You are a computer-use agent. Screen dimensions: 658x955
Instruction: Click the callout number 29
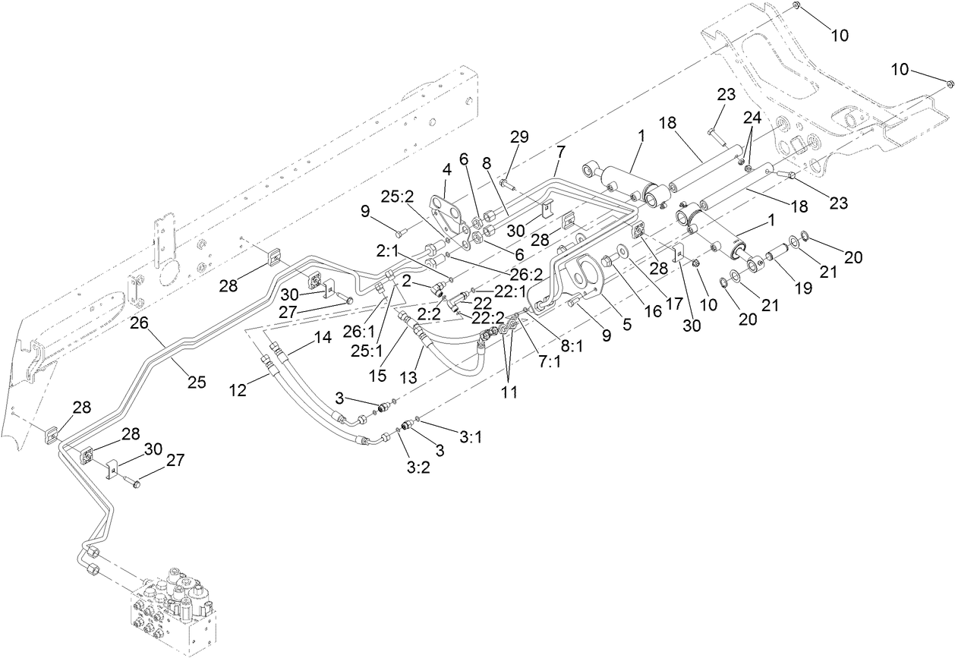[x=519, y=137]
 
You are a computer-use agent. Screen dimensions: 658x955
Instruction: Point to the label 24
[x=752, y=118]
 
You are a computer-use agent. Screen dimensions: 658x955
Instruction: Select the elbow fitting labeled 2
[x=439, y=288]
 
